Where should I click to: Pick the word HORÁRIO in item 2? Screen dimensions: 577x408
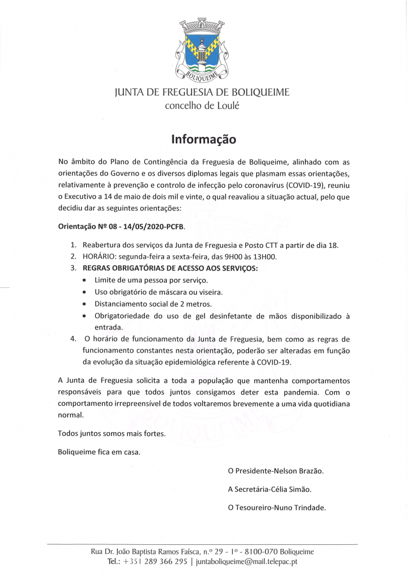click(100, 257)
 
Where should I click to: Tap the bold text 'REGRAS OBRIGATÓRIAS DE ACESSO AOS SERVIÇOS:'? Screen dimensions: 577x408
click(170, 268)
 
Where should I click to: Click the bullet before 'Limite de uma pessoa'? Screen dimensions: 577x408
click(84, 281)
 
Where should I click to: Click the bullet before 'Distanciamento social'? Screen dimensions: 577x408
click(84, 304)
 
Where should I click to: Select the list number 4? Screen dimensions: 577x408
click(73, 339)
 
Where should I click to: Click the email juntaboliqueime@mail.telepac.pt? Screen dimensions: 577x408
click(246, 562)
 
